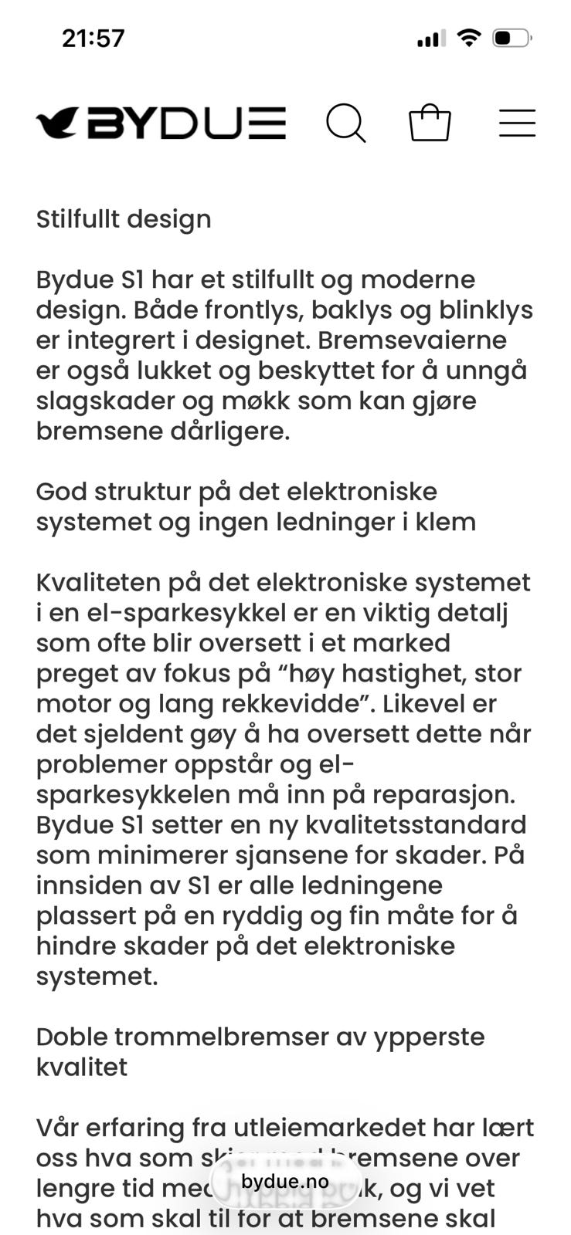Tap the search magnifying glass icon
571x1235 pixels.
[x=345, y=123]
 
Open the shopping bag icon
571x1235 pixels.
[x=430, y=123]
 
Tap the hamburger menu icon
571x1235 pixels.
[x=517, y=123]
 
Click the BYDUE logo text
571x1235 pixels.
[x=186, y=123]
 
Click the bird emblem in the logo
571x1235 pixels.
[x=57, y=123]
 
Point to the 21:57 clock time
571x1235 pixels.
[x=93, y=38]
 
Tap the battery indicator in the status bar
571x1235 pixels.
[x=512, y=38]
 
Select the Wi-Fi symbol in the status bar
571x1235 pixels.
[x=468, y=37]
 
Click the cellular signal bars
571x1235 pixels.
[x=431, y=38]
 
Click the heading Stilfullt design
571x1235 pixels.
[x=124, y=219]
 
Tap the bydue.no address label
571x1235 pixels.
[x=284, y=1182]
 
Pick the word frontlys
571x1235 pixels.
[x=246, y=310]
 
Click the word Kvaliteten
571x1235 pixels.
[x=98, y=583]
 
